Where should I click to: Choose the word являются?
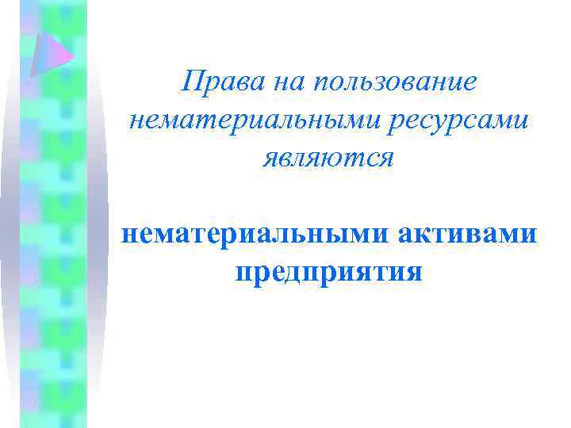point(328,157)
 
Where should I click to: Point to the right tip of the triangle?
point(74,57)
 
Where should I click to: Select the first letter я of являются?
point(271,158)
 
